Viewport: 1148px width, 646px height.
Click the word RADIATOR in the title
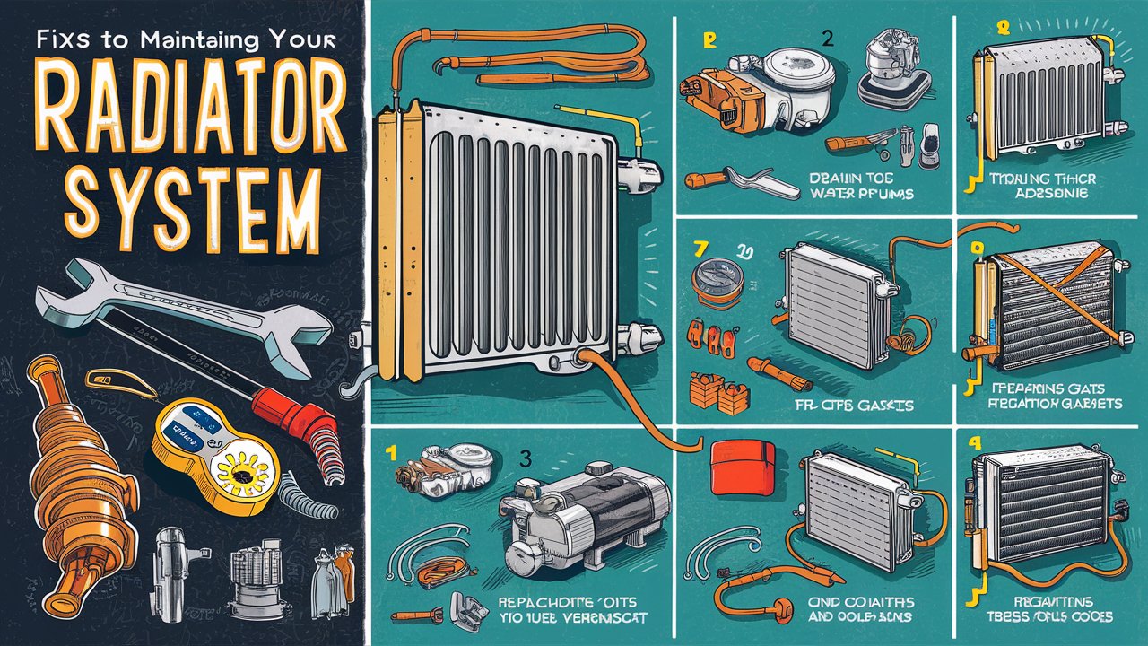coord(185,112)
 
